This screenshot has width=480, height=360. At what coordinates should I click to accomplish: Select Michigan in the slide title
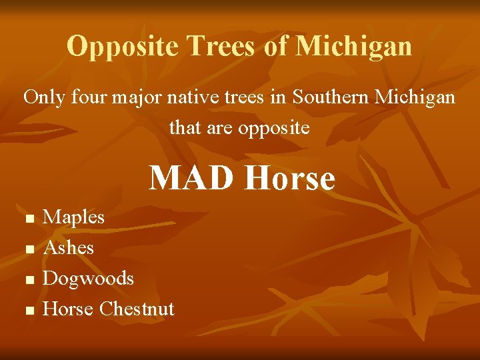click(353, 47)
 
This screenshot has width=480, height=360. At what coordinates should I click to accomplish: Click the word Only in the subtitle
click(44, 97)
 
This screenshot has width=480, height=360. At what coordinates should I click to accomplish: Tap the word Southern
click(331, 97)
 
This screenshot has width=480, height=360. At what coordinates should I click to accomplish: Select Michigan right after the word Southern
click(415, 97)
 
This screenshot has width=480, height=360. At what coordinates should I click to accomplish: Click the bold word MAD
click(193, 178)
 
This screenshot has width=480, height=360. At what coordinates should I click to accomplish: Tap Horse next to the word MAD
click(289, 178)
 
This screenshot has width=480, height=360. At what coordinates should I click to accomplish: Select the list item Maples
click(73, 217)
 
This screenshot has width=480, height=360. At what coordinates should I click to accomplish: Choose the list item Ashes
click(68, 248)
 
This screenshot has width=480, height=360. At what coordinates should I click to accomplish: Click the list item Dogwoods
click(88, 278)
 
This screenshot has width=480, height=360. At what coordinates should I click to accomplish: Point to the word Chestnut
click(136, 309)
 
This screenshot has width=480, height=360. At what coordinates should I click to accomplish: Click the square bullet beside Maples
click(28, 219)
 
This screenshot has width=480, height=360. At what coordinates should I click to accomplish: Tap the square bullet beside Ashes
click(28, 249)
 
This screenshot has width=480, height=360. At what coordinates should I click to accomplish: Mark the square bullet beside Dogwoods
click(28, 280)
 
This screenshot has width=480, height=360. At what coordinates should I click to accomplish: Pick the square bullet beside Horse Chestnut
click(28, 311)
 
